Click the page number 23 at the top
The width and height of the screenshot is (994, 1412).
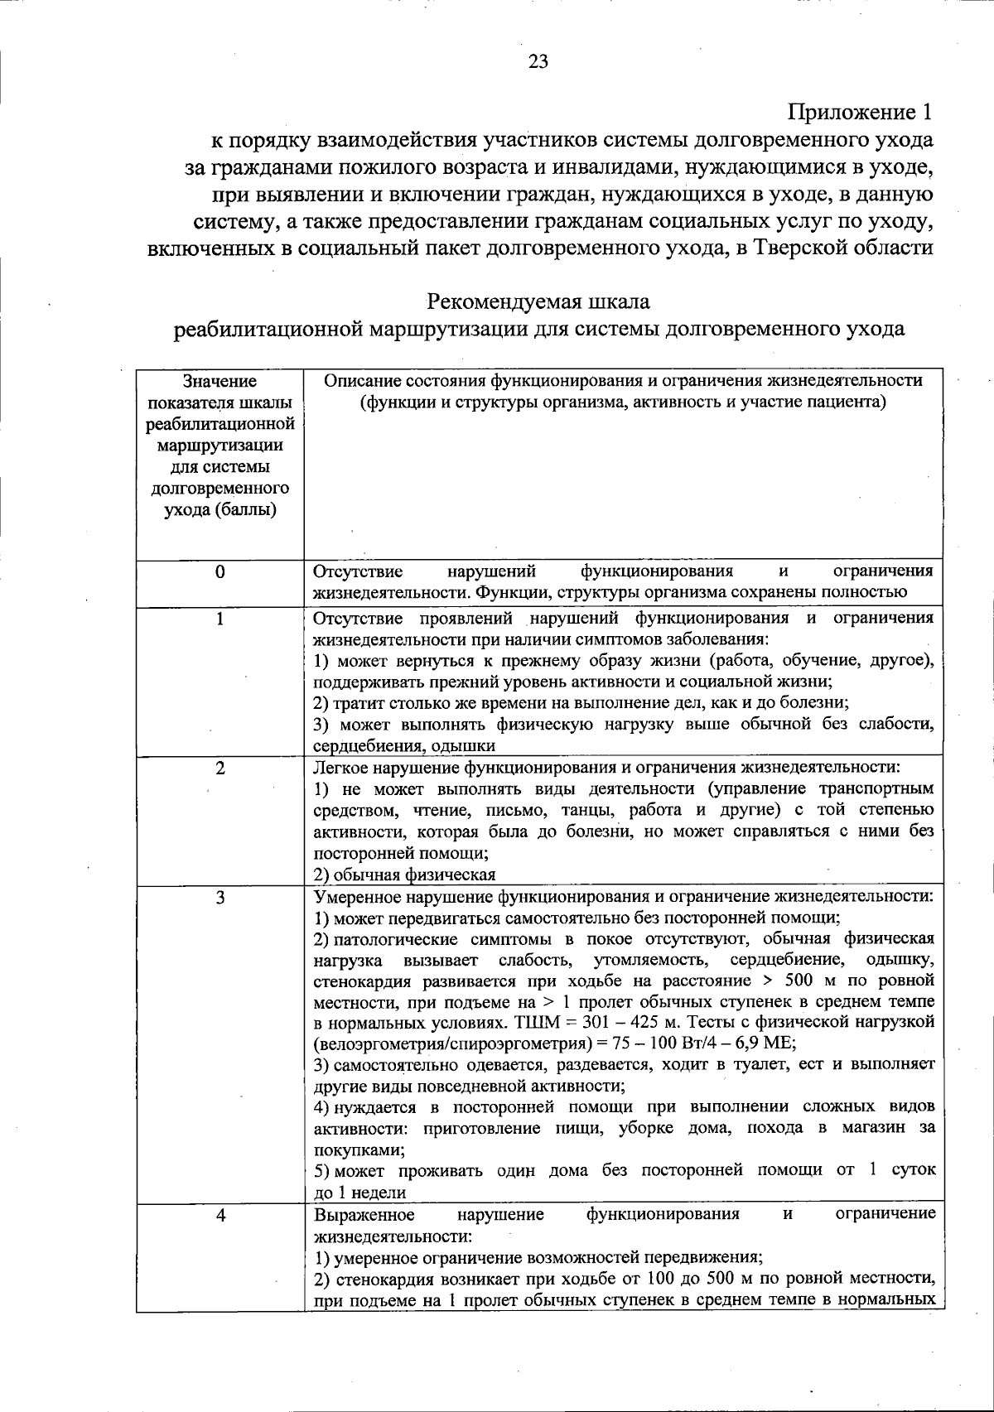pyautogui.click(x=538, y=62)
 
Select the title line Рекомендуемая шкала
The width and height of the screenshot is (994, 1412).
pyautogui.click(x=538, y=300)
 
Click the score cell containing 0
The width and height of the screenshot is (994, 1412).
pyautogui.click(x=220, y=572)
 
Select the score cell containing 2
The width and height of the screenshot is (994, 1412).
pyautogui.click(x=220, y=768)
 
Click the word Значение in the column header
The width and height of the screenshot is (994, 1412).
pyautogui.click(x=220, y=382)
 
